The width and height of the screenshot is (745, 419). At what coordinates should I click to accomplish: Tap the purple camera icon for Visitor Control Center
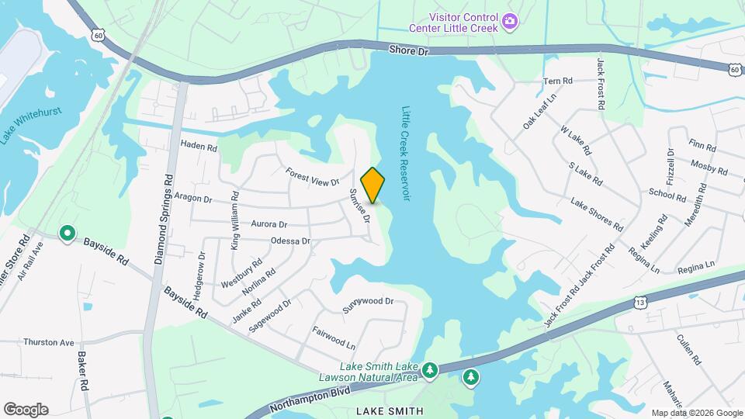tap(510, 21)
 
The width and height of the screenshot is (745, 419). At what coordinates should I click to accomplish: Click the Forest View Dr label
tap(313, 177)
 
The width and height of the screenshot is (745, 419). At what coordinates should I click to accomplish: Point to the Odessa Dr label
tap(290, 241)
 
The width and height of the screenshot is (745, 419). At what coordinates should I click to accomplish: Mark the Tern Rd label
tap(557, 81)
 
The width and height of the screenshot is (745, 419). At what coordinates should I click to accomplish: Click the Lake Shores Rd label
tap(597, 215)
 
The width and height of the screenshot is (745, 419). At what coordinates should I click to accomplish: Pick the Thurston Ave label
tap(48, 342)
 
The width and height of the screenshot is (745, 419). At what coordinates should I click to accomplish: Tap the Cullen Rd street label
tap(688, 351)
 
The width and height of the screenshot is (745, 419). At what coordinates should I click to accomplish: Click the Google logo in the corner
tap(26, 410)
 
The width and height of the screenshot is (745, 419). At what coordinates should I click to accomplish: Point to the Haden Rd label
tap(199, 145)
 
